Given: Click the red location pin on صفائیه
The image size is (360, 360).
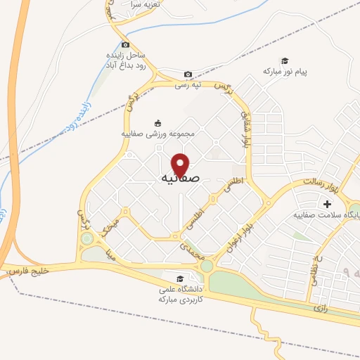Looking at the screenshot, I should pos(181,165).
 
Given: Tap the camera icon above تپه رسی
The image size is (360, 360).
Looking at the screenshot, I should pos(188,75).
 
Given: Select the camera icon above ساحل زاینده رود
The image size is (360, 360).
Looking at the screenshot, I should pos(125,44).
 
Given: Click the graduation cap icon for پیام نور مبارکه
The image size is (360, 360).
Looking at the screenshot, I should pos(285,61).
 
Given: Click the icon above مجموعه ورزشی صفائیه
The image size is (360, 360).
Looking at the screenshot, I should pos(157,122).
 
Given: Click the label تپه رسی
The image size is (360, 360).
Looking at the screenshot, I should pos(188,85).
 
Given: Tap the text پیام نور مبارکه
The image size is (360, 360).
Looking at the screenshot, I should pos(286,72).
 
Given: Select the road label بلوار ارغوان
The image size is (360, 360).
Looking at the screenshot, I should pos(236,237).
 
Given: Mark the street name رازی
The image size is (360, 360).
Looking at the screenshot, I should pos(321,307).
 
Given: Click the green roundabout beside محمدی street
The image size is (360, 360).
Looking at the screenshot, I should pos(206,266).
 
